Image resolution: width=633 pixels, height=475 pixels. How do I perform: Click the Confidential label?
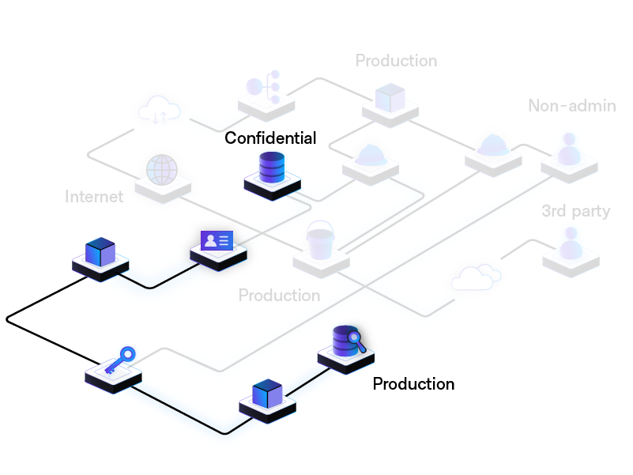[270, 138]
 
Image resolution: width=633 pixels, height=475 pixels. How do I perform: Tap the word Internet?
[94, 197]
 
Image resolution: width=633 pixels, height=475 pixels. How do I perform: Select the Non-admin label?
[572, 106]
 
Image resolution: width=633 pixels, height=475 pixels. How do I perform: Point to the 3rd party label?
[575, 211]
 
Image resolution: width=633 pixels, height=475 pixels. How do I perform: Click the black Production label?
[413, 384]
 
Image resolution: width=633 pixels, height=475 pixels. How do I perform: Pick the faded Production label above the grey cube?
[396, 61]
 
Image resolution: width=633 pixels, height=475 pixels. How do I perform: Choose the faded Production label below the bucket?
[279, 296]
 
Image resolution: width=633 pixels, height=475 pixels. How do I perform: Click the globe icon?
[162, 169]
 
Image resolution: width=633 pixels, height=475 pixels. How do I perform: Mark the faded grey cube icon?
[390, 97]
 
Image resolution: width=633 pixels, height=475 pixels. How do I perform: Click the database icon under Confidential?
[272, 168]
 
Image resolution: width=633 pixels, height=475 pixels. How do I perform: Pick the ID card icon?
[217, 239]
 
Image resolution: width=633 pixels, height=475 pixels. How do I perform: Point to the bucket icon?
[321, 240]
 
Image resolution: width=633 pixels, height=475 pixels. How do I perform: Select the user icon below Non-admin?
[568, 149]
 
